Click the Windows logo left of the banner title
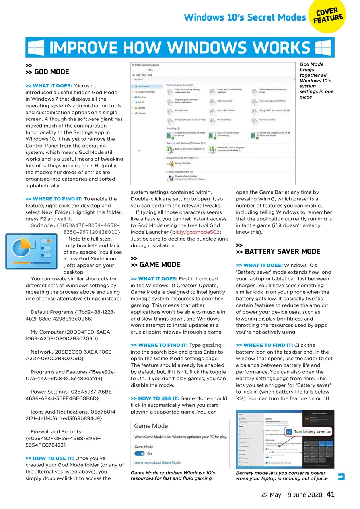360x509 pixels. (36, 48)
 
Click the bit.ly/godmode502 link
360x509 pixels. (196, 232)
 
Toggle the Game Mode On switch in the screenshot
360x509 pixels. (140, 453)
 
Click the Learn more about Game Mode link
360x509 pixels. (158, 462)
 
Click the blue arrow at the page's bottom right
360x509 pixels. (341, 476)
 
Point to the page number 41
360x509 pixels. (330, 494)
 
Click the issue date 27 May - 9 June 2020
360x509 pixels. (291, 495)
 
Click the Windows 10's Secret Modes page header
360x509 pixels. (244, 17)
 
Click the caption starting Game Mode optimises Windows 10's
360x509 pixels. (173, 476)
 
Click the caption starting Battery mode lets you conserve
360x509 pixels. (282, 476)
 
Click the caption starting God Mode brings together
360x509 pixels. (316, 80)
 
